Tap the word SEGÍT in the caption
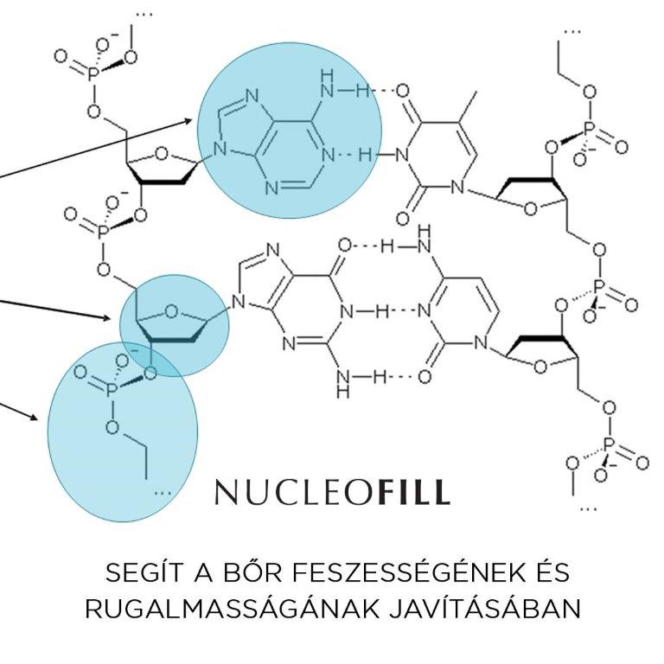[x=145, y=573]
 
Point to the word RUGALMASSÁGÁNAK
[x=232, y=610]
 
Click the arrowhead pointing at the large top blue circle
[x=188, y=121]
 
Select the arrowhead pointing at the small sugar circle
[x=107, y=317]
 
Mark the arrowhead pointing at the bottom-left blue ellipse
[x=34, y=417]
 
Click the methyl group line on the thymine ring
[x=469, y=106]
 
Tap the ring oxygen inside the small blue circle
[x=170, y=311]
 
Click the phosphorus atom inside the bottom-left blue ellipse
[x=111, y=389]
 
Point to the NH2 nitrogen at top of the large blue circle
[x=327, y=90]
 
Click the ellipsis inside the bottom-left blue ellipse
[x=163, y=493]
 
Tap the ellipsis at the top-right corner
[x=572, y=31]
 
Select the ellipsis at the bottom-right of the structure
[x=588, y=508]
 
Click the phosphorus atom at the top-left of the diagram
[x=93, y=74]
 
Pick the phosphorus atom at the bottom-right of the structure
[x=610, y=445]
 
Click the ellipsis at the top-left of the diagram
[x=144, y=15]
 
